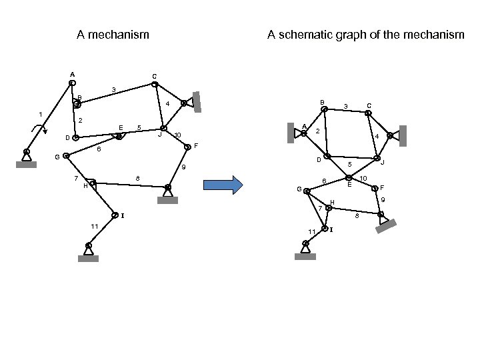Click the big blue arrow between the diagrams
click(x=220, y=185)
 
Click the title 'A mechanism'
click(x=113, y=34)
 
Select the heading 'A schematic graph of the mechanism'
click(x=365, y=34)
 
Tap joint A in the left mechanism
click(x=72, y=83)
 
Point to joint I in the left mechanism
click(x=115, y=215)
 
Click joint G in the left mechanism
click(x=66, y=156)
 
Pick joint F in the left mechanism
click(x=187, y=147)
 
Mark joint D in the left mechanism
click(x=75, y=138)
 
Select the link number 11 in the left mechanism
click(x=94, y=227)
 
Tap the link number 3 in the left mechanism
click(x=114, y=89)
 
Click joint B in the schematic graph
click(x=324, y=111)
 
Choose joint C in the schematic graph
click(x=367, y=113)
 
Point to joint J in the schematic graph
click(x=377, y=159)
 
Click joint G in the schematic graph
click(x=307, y=191)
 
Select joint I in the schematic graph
click(x=324, y=229)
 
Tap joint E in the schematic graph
click(x=349, y=177)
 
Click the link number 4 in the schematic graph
click(x=377, y=137)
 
